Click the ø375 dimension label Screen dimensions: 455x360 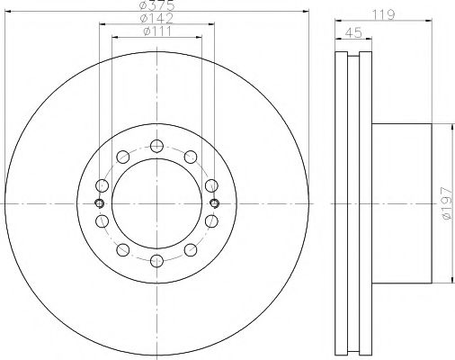coord(157,4)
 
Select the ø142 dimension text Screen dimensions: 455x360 coord(156,19)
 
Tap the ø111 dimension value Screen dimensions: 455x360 coord(157,31)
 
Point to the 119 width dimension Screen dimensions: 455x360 coord(384,14)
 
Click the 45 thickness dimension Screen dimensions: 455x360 coord(353,32)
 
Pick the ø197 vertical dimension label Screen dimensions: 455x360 coord(447,203)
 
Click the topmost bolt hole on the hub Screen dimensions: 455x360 coord(156,146)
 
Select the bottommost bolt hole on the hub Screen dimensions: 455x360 coord(156,261)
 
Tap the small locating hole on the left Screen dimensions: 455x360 coord(100,203)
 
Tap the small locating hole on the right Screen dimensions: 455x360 coord(214,203)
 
